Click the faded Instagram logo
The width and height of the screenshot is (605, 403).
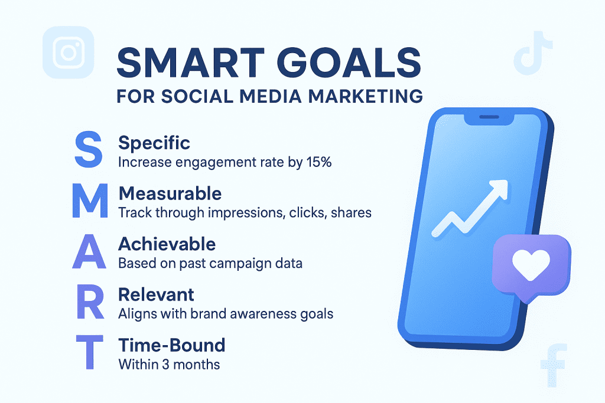point(69,53)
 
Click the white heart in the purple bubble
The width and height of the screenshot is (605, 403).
point(531,264)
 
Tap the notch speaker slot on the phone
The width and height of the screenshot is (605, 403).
point(489,117)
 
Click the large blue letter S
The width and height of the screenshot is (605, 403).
point(89,149)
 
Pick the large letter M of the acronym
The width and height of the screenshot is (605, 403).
point(90,201)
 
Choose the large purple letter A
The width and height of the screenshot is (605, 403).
point(89,251)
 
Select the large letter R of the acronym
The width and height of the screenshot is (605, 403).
point(90,302)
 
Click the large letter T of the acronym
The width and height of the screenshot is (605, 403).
point(90,352)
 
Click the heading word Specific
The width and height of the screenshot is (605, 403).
point(154,143)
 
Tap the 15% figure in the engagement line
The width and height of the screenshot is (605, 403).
point(319,162)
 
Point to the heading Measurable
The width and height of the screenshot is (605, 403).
point(170,194)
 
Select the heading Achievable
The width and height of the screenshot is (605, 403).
point(167,244)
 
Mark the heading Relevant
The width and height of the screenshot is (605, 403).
point(156,295)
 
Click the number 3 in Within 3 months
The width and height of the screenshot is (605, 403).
point(165,365)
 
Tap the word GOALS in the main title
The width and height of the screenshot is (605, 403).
point(349,63)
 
